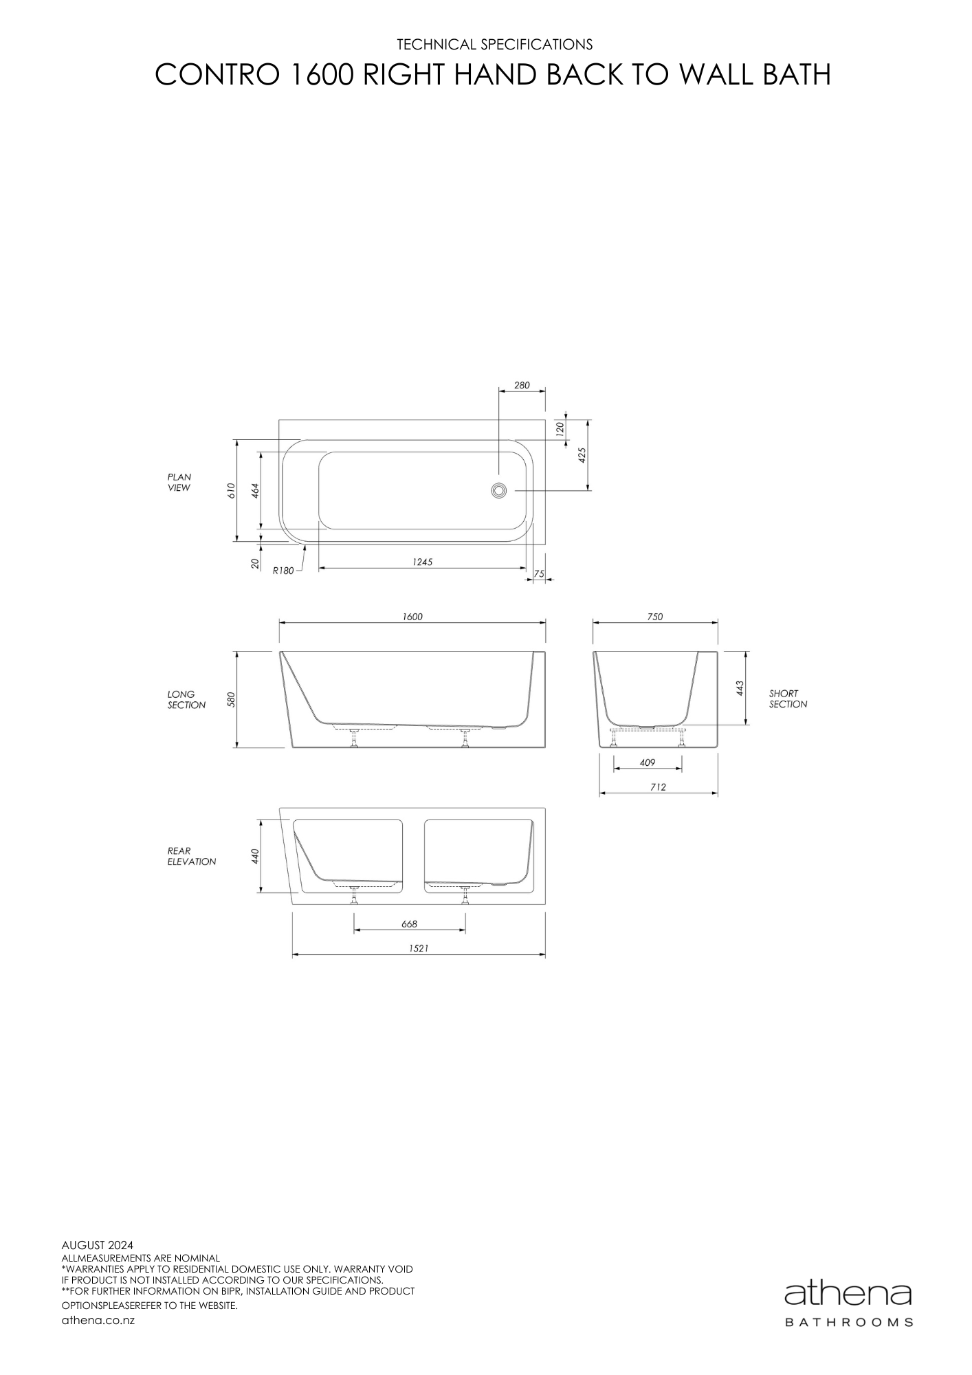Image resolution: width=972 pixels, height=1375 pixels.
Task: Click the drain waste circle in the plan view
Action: pyautogui.click(x=499, y=490)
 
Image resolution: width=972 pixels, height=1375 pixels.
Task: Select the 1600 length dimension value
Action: pyautogui.click(x=412, y=617)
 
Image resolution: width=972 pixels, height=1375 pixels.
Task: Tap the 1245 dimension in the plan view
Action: pyautogui.click(x=422, y=562)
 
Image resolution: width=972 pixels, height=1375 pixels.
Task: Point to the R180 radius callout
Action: pyautogui.click(x=283, y=570)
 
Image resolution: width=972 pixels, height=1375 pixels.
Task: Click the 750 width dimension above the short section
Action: pyautogui.click(x=655, y=617)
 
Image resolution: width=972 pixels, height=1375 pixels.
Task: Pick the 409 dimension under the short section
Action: pyautogui.click(x=647, y=762)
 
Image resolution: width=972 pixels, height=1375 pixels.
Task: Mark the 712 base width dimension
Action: pyautogui.click(x=658, y=787)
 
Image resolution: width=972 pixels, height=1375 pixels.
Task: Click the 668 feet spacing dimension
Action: pyautogui.click(x=409, y=924)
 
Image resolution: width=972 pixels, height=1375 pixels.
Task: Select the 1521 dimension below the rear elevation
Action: pyautogui.click(x=419, y=948)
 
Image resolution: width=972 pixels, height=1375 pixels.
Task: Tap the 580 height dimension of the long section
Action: pyautogui.click(x=232, y=699)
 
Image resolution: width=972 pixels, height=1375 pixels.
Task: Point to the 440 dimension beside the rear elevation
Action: pyautogui.click(x=254, y=856)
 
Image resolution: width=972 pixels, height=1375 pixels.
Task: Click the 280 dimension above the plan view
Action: pyautogui.click(x=522, y=386)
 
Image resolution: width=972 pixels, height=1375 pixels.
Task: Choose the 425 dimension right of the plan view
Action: pyautogui.click(x=582, y=455)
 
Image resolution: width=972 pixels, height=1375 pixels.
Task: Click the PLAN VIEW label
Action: pyautogui.click(x=179, y=482)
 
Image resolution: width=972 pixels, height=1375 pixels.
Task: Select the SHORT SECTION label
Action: pyautogui.click(x=788, y=698)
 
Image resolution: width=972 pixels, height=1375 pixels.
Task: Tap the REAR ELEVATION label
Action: pyautogui.click(x=191, y=856)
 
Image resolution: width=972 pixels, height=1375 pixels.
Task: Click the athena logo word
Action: pyautogui.click(x=848, y=1295)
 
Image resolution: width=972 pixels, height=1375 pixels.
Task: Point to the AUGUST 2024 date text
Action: pyautogui.click(x=98, y=1245)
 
